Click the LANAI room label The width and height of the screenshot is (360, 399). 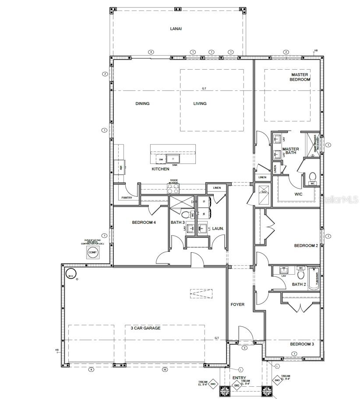point(176,29)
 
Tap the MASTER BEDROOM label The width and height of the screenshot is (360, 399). point(300,77)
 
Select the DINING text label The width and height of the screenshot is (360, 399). point(142,104)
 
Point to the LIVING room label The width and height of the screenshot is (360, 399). point(200,104)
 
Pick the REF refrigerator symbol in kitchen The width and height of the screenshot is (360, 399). point(119,166)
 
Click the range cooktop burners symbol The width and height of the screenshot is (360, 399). point(173,189)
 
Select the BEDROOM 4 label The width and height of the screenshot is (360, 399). point(144,222)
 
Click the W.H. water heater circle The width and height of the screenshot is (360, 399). point(70,275)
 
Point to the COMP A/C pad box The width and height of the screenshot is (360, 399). point(92,253)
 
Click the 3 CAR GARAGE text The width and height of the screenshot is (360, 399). point(145,328)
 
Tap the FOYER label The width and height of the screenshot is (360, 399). point(238,304)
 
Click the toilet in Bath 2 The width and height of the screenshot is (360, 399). point(300,275)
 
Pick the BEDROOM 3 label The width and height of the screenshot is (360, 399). point(302,344)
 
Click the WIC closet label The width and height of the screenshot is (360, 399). point(299,194)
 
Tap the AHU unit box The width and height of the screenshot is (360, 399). point(264,192)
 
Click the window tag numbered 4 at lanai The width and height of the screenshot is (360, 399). point(151,52)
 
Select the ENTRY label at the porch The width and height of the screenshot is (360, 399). point(239,378)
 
